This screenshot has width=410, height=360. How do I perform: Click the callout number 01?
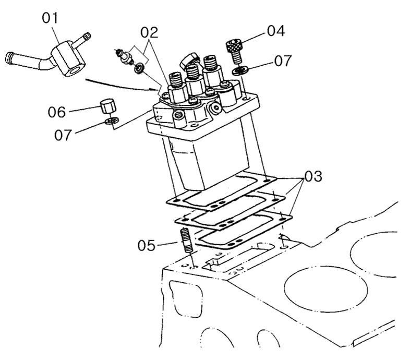pyautogui.click(x=50, y=18)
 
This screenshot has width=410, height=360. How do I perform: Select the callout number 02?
pyautogui.click(x=149, y=32)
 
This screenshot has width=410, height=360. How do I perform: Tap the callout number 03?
pyautogui.click(x=313, y=176)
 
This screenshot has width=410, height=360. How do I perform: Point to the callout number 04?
pyautogui.click(x=276, y=31)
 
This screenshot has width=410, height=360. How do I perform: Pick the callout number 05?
pyautogui.click(x=147, y=246)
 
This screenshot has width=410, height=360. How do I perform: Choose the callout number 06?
pyautogui.click(x=56, y=112)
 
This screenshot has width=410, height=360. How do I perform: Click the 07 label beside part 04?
pyautogui.click(x=283, y=61)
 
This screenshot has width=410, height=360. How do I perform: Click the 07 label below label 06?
pyautogui.click(x=63, y=135)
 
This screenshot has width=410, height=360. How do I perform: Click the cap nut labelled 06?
pyautogui.click(x=108, y=106)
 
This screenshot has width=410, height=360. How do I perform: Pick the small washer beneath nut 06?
pyautogui.click(x=112, y=121)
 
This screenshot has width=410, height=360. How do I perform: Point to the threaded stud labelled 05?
pyautogui.click(x=186, y=240)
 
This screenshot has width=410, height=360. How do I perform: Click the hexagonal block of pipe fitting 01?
pyautogui.click(x=68, y=59)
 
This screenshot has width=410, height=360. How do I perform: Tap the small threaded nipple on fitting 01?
pyautogui.click(x=82, y=40)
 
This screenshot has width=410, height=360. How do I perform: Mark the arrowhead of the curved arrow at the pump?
pyautogui.click(x=155, y=90)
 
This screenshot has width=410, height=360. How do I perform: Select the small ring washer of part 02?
pyautogui.click(x=139, y=68)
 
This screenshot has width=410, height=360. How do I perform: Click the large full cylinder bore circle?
pyautogui.click(x=326, y=289)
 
